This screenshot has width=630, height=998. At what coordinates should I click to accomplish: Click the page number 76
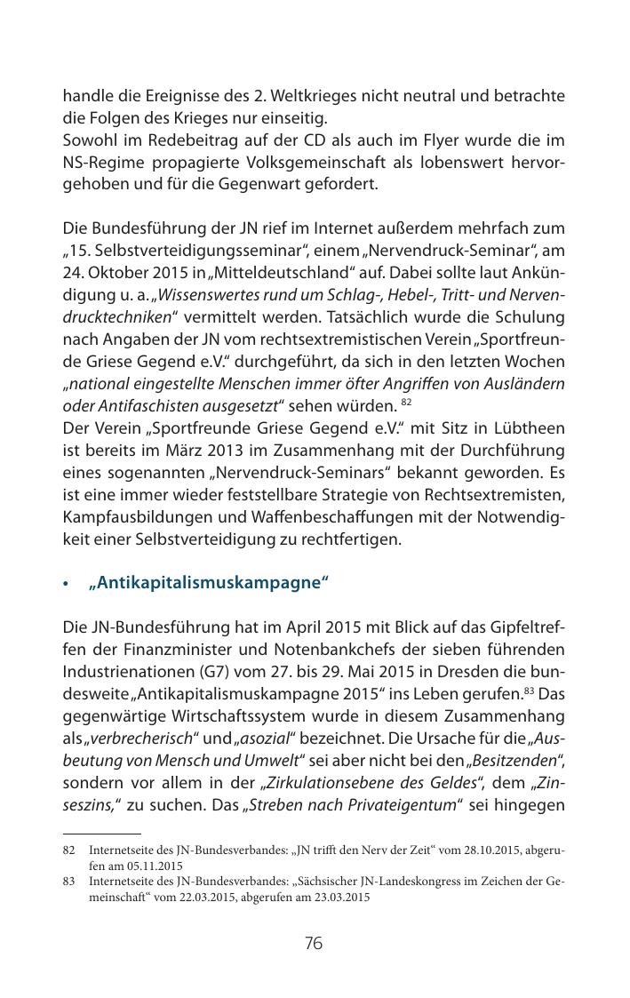point(314,943)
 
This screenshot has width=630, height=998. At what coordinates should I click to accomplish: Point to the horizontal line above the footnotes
point(102,834)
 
